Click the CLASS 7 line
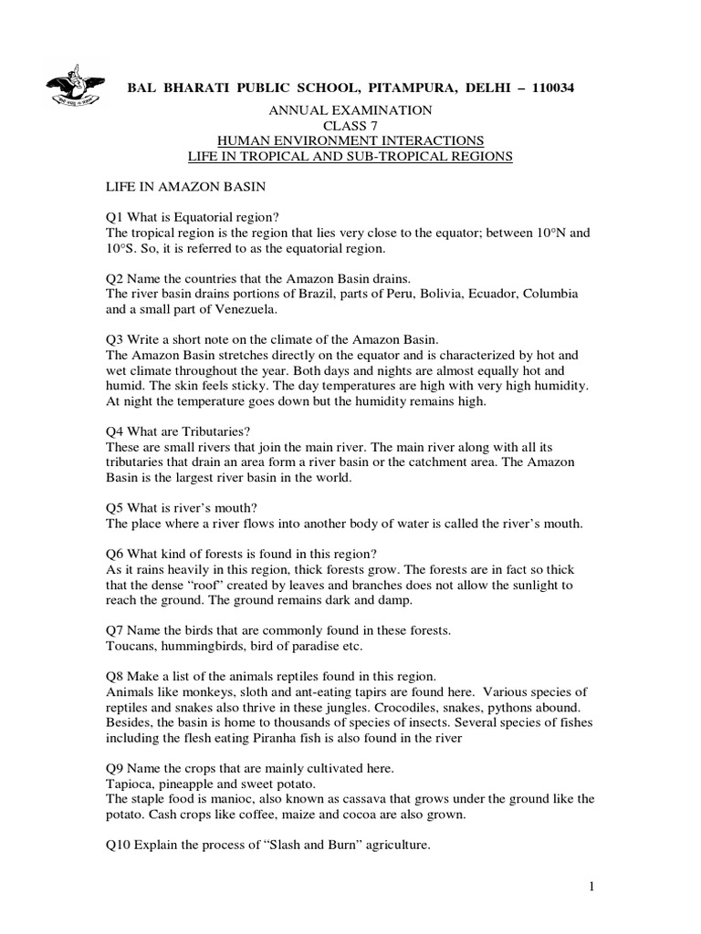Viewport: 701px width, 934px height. pos(350,125)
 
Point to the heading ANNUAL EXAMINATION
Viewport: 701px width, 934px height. pos(350,109)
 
